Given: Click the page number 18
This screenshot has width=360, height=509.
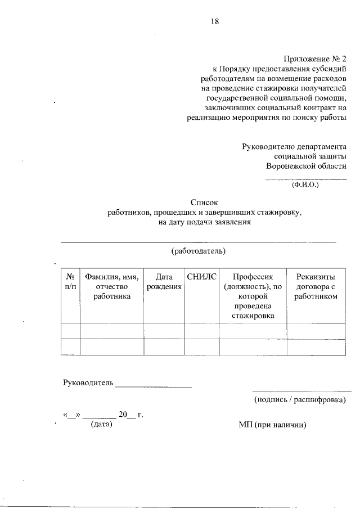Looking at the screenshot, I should click(211, 22).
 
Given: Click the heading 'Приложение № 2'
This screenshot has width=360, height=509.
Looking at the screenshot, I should click(316, 59).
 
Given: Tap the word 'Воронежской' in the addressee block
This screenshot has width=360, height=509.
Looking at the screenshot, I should click(289, 166).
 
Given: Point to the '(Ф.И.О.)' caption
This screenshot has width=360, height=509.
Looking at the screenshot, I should click(305, 184).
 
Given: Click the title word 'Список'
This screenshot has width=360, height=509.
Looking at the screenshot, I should click(203, 202).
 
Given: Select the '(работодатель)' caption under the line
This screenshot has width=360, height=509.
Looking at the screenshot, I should click(198, 250).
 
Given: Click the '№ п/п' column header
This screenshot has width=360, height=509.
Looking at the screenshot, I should click(70, 282).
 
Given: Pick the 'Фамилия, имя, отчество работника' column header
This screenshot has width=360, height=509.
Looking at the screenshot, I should click(112, 286).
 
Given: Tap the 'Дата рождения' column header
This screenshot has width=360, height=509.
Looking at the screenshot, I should click(164, 282).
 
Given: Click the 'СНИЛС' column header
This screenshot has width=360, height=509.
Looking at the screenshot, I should click(201, 277).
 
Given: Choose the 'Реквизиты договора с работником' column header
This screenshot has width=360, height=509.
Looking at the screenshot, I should click(316, 286).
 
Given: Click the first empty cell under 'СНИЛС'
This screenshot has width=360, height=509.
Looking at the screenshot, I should click(201, 331).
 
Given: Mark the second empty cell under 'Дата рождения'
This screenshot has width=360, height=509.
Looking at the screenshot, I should click(164, 347).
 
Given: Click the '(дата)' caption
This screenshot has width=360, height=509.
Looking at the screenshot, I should click(101, 424).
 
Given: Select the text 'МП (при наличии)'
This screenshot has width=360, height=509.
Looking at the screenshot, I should click(272, 424).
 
